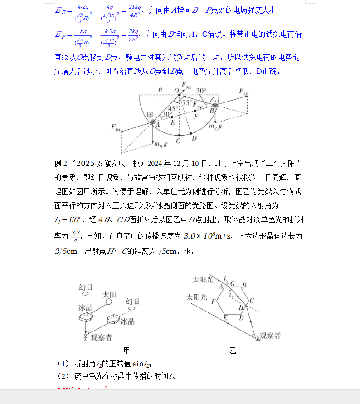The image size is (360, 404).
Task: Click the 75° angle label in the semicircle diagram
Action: (187, 103)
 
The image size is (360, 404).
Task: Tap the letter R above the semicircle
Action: (161, 90)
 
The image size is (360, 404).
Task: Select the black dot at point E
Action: (173, 117)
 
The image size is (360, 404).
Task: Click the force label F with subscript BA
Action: (116, 127)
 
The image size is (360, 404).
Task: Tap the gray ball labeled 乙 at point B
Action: (215, 106)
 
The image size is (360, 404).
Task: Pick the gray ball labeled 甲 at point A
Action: (153, 122)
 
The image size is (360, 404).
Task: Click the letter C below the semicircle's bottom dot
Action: (179, 141)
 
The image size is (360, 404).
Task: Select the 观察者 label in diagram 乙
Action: (268, 336)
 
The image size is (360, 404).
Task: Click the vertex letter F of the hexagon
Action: (214, 301)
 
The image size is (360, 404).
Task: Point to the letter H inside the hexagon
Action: (242, 307)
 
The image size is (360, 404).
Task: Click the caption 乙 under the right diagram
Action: (233, 350)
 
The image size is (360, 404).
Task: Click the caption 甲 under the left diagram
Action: (127, 350)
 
